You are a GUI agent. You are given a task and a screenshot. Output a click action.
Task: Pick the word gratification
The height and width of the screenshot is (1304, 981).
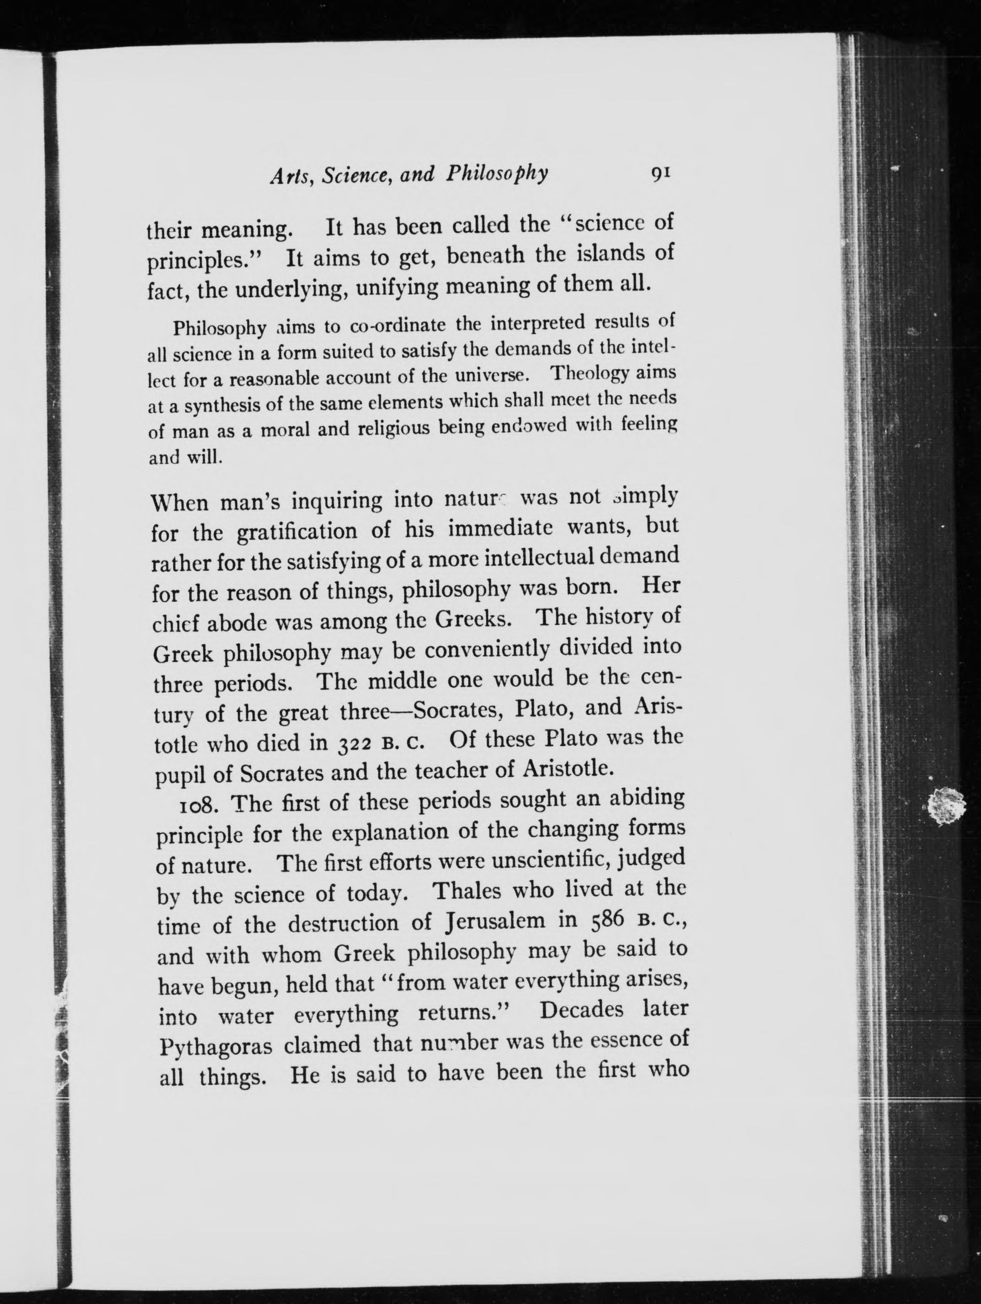pos(296,532)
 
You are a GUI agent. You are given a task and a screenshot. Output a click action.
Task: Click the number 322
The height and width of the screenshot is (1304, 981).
pos(351,742)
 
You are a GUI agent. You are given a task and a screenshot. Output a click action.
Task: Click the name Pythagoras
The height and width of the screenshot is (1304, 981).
pos(216,1047)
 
